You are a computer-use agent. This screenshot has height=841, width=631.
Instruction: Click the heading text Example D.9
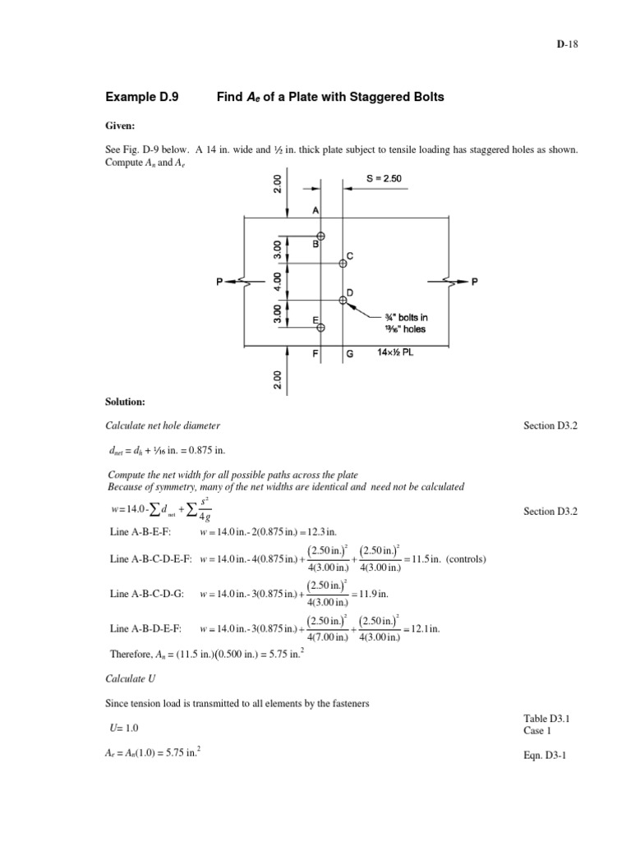click(142, 97)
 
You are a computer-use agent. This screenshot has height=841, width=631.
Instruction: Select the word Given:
click(119, 127)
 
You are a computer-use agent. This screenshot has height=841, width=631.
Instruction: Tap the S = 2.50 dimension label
click(383, 178)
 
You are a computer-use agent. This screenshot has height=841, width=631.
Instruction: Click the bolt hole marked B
click(320, 236)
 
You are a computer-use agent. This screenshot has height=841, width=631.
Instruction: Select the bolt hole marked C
click(343, 264)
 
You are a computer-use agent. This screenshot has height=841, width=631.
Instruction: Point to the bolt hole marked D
click(343, 300)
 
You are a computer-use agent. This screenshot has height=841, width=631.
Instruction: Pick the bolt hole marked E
click(320, 327)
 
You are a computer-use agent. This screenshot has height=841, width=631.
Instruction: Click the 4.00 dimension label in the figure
click(278, 282)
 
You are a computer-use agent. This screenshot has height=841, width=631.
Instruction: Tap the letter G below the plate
click(350, 355)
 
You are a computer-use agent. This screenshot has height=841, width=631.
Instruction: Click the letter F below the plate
click(315, 355)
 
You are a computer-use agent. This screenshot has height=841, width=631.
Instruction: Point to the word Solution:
click(125, 402)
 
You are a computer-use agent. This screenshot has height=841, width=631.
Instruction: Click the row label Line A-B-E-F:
click(139, 531)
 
